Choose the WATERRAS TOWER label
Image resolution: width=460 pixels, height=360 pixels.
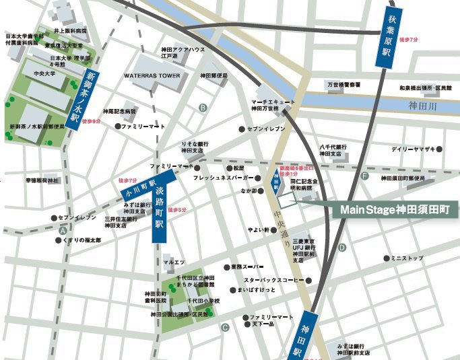coord(152,75)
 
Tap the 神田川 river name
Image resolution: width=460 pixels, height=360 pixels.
coord(423,106)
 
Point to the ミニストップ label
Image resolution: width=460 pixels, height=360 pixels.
coord(408,258)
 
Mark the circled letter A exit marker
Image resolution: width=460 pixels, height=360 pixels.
coord(63,230)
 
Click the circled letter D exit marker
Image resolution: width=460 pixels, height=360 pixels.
coord(342,247)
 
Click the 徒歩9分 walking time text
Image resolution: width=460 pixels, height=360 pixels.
coord(90,122)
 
